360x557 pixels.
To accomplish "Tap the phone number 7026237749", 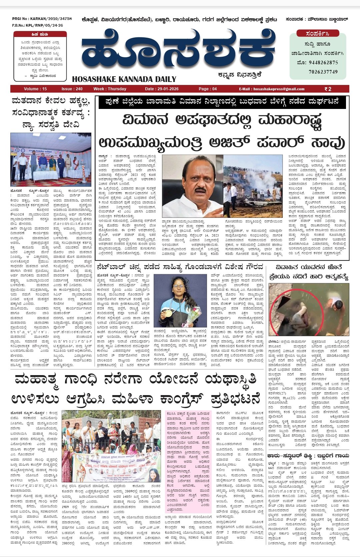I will click(x=323, y=72).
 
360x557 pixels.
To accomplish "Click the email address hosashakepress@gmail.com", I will click(x=279, y=89).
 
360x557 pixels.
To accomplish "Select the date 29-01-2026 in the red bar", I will click(x=162, y=89).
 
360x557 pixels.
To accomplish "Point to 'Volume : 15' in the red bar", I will click(x=35, y=89).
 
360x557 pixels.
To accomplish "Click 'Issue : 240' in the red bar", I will click(x=72, y=89).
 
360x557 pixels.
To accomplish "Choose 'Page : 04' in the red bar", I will click(x=208, y=89).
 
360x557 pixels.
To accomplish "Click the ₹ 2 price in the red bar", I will click(x=328, y=89).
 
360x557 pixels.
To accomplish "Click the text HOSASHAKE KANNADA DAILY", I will click(x=124, y=79).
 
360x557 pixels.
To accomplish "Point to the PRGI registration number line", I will click(x=42, y=19).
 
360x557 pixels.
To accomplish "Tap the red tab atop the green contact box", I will click(x=318, y=34).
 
